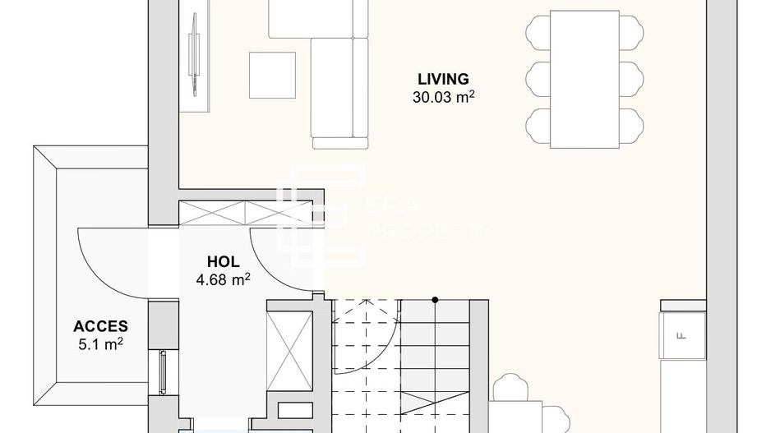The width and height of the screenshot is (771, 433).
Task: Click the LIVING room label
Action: [443, 80]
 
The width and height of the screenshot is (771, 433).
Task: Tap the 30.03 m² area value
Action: [445, 97]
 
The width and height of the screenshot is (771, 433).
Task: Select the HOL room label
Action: [223, 262]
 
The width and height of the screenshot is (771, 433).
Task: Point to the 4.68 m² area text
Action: [223, 279]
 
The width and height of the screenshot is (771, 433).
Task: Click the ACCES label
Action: [99, 326]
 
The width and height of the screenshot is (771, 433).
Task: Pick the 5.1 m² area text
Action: [100, 343]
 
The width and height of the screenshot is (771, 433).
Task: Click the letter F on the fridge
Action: [680, 335]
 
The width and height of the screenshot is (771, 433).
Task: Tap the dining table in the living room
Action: [584, 79]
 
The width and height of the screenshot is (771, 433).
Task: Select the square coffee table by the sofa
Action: [272, 76]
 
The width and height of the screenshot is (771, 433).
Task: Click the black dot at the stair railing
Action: [435, 299]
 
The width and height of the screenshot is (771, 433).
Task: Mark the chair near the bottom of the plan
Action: [512, 389]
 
